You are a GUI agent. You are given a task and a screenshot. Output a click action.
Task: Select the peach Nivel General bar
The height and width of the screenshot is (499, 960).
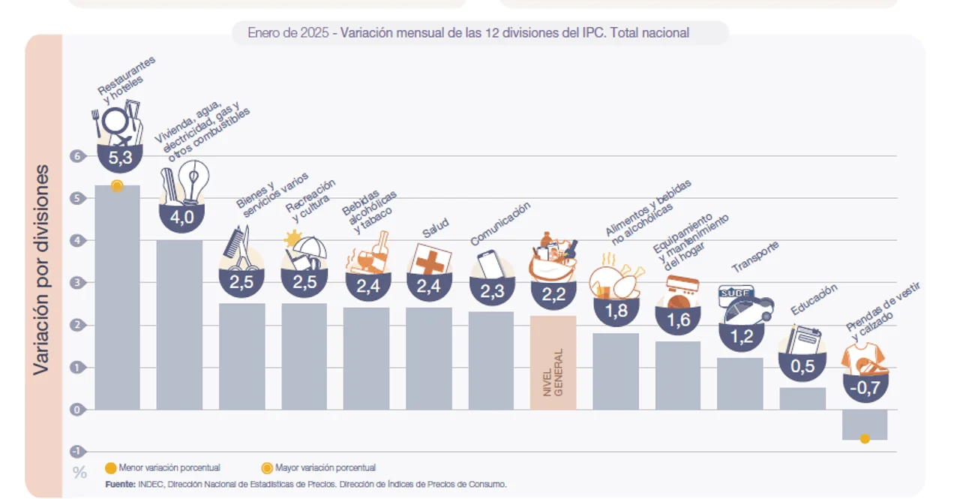point(553,362)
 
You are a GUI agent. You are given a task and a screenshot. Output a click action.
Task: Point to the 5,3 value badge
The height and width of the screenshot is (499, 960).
point(120,158)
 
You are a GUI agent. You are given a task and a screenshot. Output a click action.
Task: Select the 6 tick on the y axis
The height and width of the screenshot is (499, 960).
point(75,156)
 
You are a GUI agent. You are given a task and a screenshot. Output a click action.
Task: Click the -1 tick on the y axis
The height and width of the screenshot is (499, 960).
point(75,452)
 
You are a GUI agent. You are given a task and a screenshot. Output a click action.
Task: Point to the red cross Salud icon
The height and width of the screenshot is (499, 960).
point(430,260)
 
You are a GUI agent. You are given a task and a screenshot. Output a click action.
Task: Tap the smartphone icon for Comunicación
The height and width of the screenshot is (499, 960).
point(490,265)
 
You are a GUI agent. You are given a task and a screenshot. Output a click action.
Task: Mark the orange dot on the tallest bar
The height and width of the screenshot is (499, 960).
point(117,186)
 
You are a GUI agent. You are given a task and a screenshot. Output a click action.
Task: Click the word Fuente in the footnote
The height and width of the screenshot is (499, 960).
point(121,484)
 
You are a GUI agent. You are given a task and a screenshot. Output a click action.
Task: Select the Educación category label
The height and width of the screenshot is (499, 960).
point(814,299)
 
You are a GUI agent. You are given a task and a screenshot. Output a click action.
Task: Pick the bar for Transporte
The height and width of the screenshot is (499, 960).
point(739,383)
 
